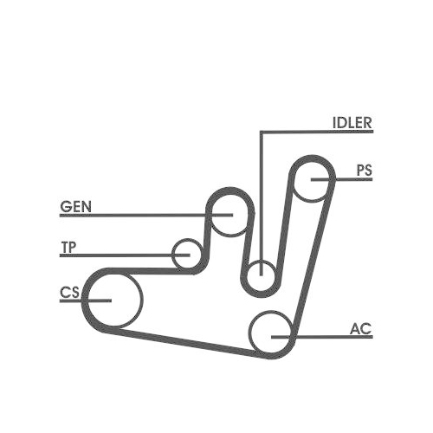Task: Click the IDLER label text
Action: pyautogui.click(x=352, y=123)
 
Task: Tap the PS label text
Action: pyautogui.click(x=365, y=171)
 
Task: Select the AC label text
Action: pyautogui.click(x=361, y=329)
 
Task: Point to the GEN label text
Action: pyautogui.click(x=75, y=207)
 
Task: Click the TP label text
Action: pyautogui.click(x=68, y=248)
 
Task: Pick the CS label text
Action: pyautogui.click(x=69, y=293)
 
